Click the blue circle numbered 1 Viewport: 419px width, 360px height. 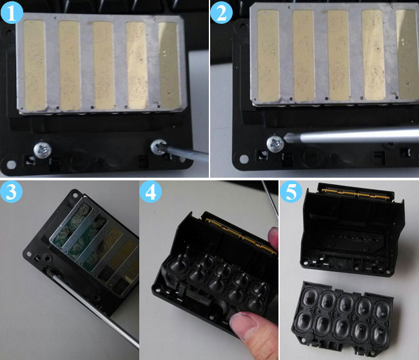coord(12,12)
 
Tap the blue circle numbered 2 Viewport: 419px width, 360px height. coord(222,12)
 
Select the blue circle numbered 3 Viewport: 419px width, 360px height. coord(11,192)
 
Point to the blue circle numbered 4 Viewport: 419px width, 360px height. coord(150,192)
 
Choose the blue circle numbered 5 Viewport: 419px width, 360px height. coord(291,192)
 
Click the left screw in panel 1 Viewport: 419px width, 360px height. coord(42,150)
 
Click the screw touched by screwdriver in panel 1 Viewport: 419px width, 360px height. coord(159,147)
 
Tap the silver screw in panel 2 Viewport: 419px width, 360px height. coord(275,144)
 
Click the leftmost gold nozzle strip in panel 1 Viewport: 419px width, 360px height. coord(35,65)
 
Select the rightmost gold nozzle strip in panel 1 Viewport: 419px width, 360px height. coord(169,65)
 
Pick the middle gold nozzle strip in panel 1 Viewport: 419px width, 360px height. coord(104,66)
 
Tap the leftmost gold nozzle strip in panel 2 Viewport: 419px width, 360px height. coord(268,55)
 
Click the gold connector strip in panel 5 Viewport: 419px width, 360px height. coord(355,194)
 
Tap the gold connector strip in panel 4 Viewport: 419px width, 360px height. coord(240,234)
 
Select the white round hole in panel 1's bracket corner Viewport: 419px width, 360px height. coord(11,164)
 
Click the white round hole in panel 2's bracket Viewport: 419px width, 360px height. coord(244,159)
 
